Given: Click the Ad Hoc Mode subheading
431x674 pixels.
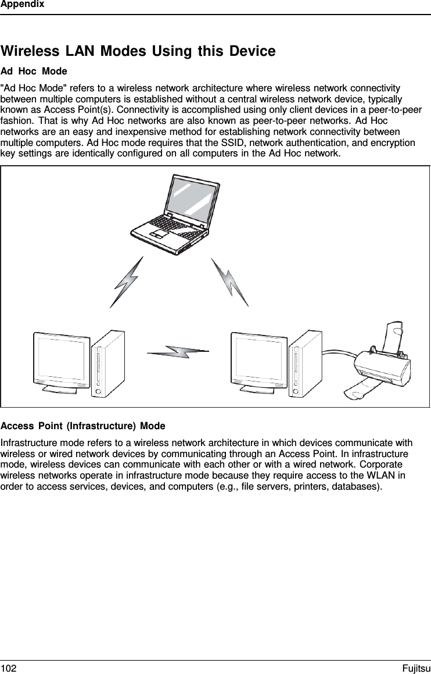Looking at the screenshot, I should pos(34,72).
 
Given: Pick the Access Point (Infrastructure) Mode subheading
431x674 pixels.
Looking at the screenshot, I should pos(83,426).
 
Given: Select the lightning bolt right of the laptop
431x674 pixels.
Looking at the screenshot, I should pos(229,282).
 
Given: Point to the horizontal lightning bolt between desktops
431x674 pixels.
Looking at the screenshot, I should pos(178,352).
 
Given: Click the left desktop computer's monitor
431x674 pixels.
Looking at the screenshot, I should pos(61,359).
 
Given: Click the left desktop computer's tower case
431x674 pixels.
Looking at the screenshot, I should pos(108,363).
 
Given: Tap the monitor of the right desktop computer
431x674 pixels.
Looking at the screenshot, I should pos(259,359).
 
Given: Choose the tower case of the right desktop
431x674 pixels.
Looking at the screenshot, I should pos(306,363).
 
